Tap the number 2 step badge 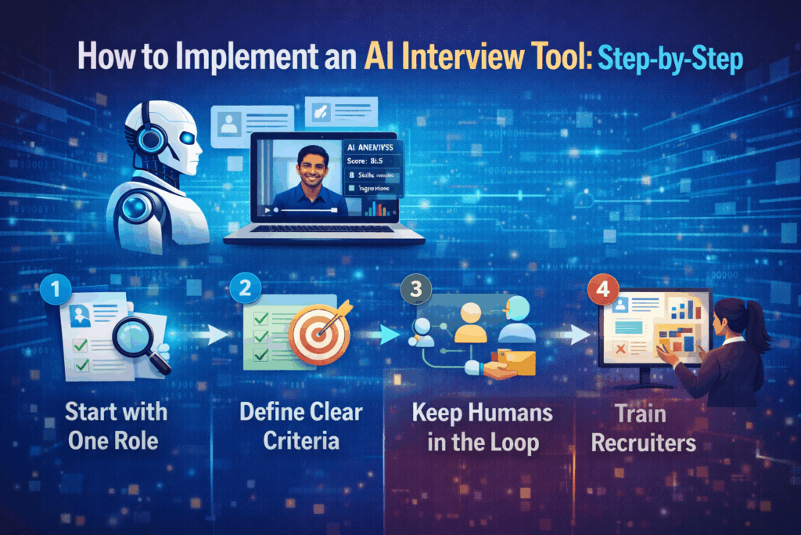coord(246,287)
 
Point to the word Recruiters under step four coord(643,442)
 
